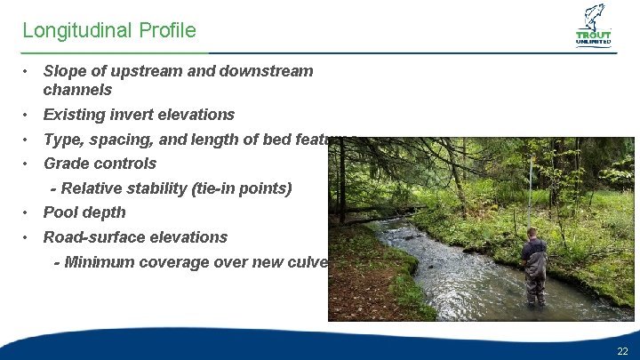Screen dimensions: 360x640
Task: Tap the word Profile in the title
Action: pos(167,31)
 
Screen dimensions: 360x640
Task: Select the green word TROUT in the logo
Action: pos(594,36)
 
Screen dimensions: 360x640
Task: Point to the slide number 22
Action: pos(622,352)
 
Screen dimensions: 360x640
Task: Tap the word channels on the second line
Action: pos(77,90)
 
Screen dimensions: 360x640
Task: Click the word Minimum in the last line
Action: pos(99,262)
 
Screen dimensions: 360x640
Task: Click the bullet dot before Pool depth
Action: pos(28,212)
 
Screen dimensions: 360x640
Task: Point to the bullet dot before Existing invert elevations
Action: pos(28,115)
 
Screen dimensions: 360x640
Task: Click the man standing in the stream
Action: pos(534,267)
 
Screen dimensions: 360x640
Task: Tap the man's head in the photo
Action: pos(532,234)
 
